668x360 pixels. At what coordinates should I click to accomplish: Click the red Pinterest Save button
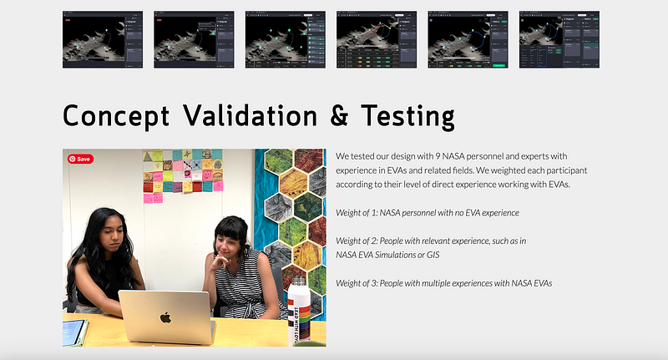pyautogui.click(x=80, y=159)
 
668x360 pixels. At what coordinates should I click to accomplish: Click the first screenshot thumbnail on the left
pyautogui.click(x=103, y=39)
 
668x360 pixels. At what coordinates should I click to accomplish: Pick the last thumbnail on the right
pyautogui.click(x=559, y=39)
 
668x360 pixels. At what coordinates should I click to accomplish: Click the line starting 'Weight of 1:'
pyautogui.click(x=427, y=213)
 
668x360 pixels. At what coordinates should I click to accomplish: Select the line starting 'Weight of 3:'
pyautogui.click(x=443, y=283)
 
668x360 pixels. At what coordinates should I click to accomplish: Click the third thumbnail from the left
pyautogui.click(x=285, y=39)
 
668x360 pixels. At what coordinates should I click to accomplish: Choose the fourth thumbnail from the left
pyautogui.click(x=377, y=39)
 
